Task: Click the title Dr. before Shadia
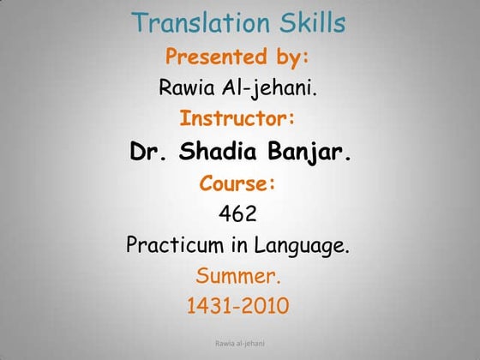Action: coord(151,153)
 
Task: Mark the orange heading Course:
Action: coord(239,183)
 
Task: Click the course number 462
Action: coord(239,213)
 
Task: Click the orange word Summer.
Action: coord(238,277)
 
